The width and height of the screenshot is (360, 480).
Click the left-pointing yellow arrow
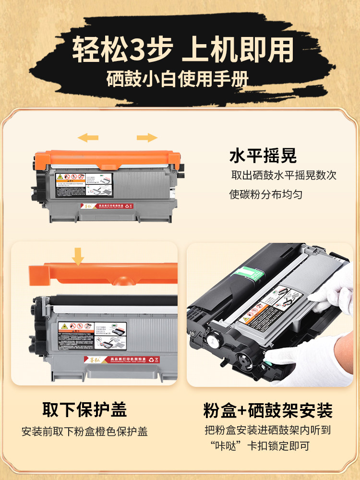pos(88,138)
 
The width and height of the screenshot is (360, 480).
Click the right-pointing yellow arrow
pos(147,138)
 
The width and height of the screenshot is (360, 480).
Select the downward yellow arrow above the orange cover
pos(77,255)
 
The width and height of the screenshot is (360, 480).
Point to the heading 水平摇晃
pos(263,156)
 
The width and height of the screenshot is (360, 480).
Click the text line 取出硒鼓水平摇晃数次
pos(284,175)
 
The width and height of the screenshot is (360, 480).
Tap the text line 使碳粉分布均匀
pos(266,195)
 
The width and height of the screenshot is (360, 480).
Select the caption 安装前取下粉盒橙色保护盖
pos(84,432)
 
